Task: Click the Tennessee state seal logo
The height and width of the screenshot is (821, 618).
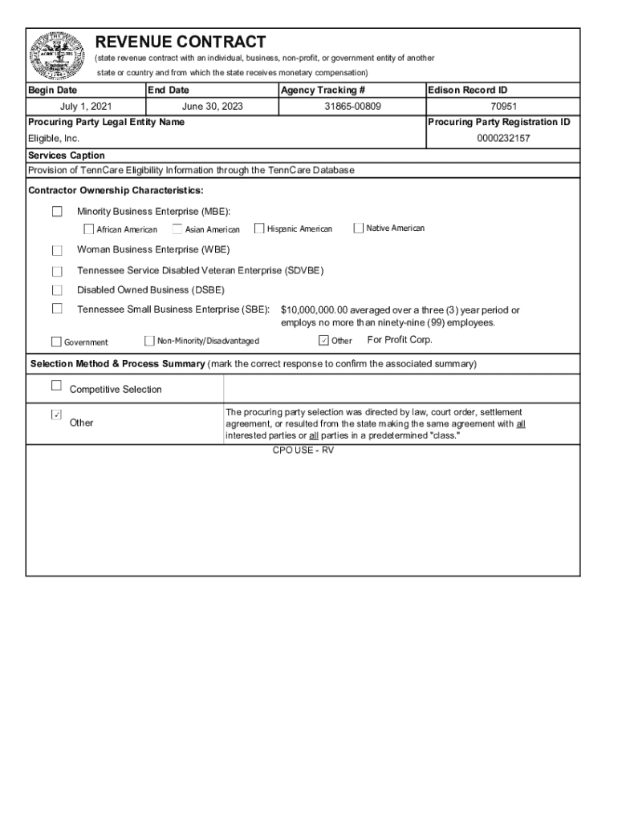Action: click(x=57, y=55)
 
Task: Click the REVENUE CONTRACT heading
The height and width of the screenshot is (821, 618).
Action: click(x=181, y=42)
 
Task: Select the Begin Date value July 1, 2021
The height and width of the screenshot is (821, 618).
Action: click(x=86, y=107)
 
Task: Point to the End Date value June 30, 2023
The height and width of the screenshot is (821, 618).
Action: click(x=213, y=107)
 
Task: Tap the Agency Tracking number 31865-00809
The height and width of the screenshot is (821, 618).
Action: click(x=352, y=107)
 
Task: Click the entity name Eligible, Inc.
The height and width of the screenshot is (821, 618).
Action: click(x=54, y=139)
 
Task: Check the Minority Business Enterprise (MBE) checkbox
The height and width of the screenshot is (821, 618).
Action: click(x=57, y=212)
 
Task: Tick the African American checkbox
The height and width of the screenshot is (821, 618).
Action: click(x=89, y=229)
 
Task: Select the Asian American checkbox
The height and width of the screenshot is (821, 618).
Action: click(x=177, y=229)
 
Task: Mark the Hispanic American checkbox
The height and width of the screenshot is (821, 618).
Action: click(x=259, y=229)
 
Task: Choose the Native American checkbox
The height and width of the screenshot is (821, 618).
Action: click(x=358, y=228)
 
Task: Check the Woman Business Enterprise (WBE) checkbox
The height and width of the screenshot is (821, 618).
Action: click(x=57, y=250)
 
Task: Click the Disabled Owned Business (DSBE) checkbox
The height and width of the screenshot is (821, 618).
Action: click(x=57, y=290)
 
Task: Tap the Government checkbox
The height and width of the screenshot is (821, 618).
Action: click(x=56, y=342)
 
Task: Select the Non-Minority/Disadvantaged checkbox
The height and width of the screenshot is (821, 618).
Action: click(x=149, y=341)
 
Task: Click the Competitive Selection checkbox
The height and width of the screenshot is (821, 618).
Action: click(x=56, y=386)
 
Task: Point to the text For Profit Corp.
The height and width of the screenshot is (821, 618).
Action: click(x=400, y=340)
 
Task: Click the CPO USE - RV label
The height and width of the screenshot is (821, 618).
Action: click(x=303, y=451)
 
